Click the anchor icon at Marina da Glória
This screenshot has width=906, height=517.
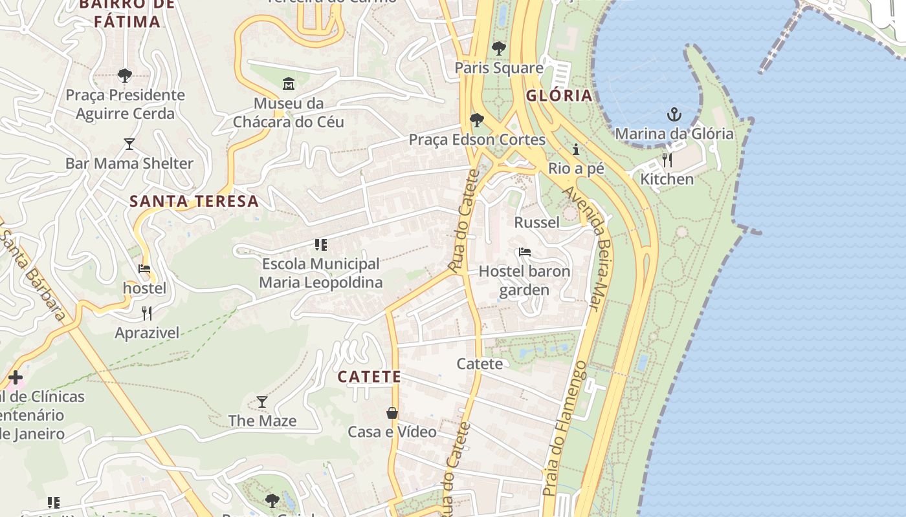pyautogui.click(x=674, y=115)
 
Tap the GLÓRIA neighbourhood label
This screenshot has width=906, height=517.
pyautogui.click(x=559, y=96)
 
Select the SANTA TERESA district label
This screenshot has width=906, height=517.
pyautogui.click(x=194, y=201)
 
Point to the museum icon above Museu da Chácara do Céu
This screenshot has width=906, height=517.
pyautogui.click(x=289, y=83)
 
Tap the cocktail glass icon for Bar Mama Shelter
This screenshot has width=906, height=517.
pyautogui.click(x=129, y=143)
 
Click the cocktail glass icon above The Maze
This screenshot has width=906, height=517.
pyautogui.click(x=262, y=402)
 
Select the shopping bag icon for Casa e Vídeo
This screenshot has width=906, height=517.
pyautogui.click(x=392, y=413)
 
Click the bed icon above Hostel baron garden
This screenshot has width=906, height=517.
pyautogui.click(x=525, y=251)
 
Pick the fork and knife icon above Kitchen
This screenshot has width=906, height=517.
pyautogui.click(x=667, y=160)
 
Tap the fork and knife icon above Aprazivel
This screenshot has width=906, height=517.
pyautogui.click(x=147, y=313)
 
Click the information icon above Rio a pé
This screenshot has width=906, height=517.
pyautogui.click(x=576, y=150)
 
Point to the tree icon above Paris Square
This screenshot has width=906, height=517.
pyautogui.click(x=498, y=48)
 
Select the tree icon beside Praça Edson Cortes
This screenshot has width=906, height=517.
pyautogui.click(x=476, y=120)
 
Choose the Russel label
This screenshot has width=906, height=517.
pyautogui.click(x=536, y=222)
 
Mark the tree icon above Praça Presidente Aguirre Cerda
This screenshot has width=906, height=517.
pyautogui.click(x=125, y=76)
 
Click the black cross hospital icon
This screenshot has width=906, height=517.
pyautogui.click(x=16, y=377)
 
